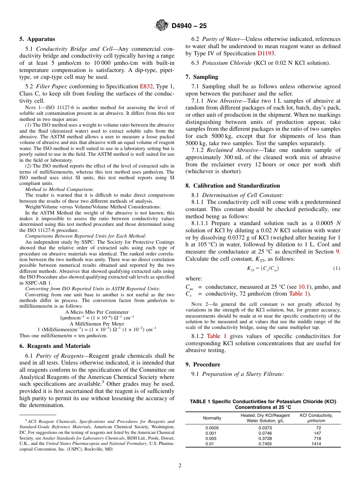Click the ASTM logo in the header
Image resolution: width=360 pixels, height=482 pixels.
162,25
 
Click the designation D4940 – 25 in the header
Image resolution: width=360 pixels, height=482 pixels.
189,26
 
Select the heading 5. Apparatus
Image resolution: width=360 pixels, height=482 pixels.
37,39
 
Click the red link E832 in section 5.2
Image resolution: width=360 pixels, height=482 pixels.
146,86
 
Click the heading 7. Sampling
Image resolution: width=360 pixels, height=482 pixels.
202,77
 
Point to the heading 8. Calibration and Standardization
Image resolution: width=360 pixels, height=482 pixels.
233,186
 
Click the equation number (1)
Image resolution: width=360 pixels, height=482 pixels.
337,268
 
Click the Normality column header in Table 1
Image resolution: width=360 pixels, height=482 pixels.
212,418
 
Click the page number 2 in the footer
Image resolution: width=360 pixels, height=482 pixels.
180,465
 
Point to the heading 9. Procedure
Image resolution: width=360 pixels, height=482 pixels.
203,365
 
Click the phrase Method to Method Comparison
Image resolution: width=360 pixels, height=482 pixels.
59,189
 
